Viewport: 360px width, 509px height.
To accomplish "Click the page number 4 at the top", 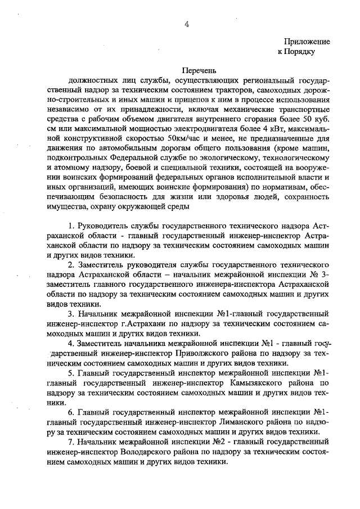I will tap(187, 24).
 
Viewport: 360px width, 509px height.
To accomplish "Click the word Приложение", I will tap(307, 42).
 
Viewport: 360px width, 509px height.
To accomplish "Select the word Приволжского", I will tap(200, 353).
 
